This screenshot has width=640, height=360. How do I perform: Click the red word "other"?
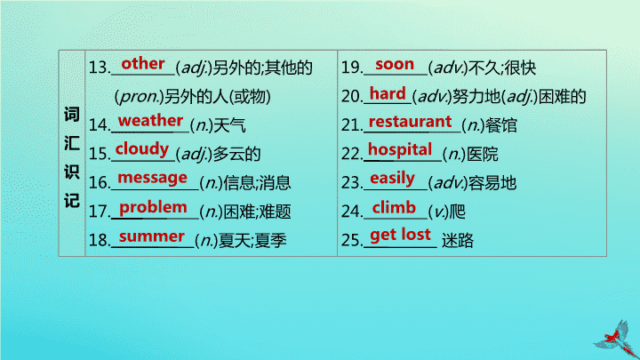tap(143, 64)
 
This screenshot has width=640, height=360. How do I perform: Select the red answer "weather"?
tap(150, 121)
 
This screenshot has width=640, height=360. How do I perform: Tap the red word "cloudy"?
tap(141, 149)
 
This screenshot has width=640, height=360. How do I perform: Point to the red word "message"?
tap(152, 178)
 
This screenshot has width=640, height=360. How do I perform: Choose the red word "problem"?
tap(153, 207)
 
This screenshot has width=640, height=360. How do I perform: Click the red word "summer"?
tap(151, 236)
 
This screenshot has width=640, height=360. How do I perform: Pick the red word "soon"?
tap(395, 65)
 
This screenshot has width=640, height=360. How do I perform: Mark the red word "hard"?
tap(388, 93)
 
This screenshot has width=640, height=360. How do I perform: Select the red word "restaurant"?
tap(410, 122)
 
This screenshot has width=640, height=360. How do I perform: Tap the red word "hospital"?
tap(400, 150)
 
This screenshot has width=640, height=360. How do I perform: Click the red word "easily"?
tap(392, 179)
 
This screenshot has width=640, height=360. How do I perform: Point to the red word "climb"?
tap(394, 208)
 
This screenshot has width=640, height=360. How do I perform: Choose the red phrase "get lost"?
tap(400, 235)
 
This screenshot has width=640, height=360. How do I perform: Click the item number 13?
tap(100, 68)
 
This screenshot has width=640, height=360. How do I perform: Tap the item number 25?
tap(351, 240)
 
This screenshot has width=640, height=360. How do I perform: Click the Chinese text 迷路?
tap(458, 240)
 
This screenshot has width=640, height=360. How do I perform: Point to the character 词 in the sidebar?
tap(72, 115)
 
